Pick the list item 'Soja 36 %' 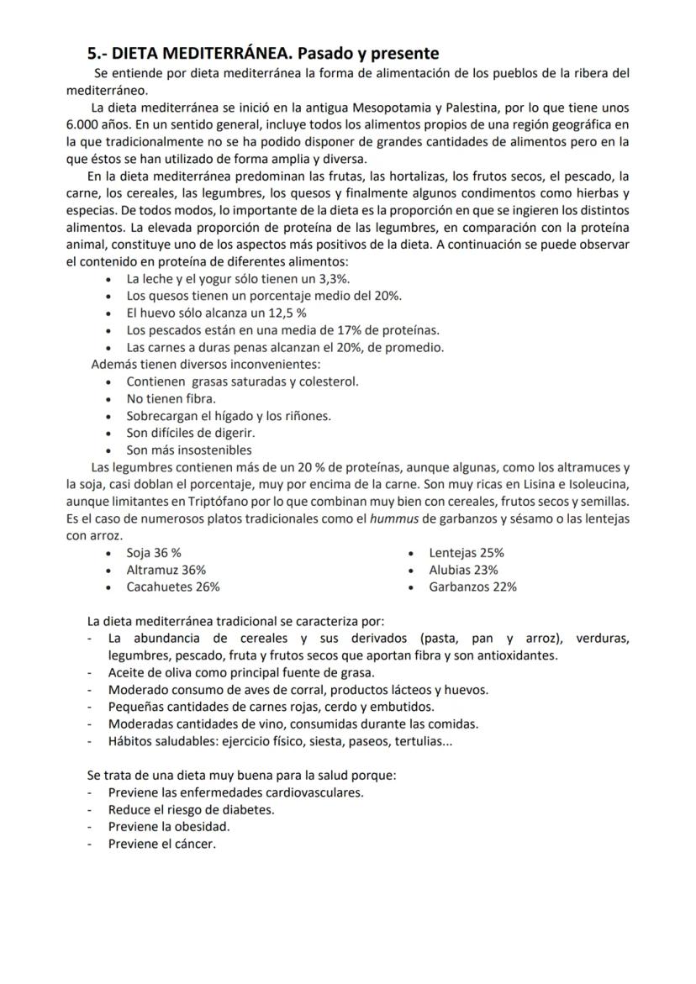(x=154, y=553)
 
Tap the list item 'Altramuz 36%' (x=166, y=570)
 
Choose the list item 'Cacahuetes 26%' (x=173, y=587)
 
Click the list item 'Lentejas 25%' (x=467, y=553)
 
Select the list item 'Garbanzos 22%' (x=472, y=587)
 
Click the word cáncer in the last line (x=194, y=844)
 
